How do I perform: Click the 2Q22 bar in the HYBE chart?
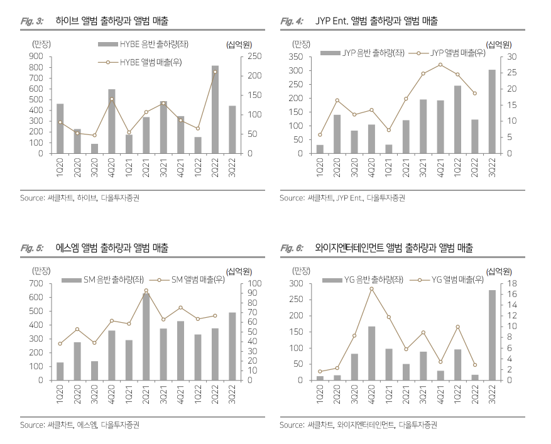pyautogui.click(x=215, y=110)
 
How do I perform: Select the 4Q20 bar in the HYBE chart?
pyautogui.click(x=112, y=121)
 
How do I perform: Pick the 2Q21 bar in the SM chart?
pyautogui.click(x=146, y=337)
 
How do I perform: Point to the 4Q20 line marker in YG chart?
pyautogui.click(x=372, y=288)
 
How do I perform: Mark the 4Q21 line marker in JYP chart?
pyautogui.click(x=440, y=65)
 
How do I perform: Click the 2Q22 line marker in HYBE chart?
pyautogui.click(x=215, y=72)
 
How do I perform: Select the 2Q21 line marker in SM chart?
pyautogui.click(x=146, y=291)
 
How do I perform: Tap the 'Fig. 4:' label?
pyautogui.click(x=293, y=21)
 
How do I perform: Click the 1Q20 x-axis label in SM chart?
pyautogui.click(x=60, y=395)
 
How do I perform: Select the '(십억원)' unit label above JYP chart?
pyautogui.click(x=498, y=44)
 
